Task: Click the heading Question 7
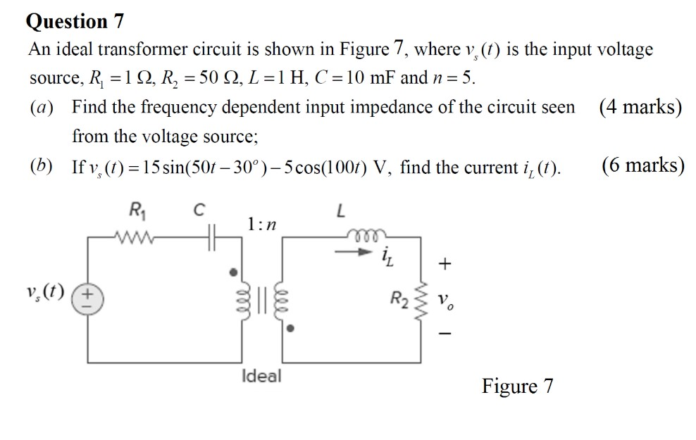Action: click(x=75, y=21)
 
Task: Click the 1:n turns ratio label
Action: click(x=261, y=224)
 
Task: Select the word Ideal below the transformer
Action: click(x=260, y=376)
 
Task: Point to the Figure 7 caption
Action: click(x=518, y=386)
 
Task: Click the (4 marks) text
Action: click(x=640, y=108)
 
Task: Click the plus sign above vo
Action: click(x=444, y=265)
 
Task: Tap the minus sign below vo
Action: click(x=444, y=337)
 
